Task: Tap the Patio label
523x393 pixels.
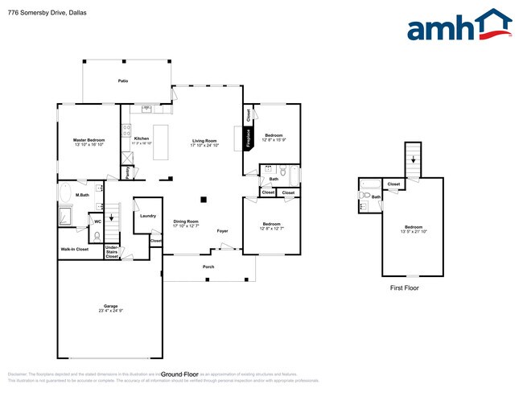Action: point(123,81)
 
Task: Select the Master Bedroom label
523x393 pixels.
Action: point(89,139)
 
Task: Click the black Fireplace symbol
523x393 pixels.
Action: point(248,136)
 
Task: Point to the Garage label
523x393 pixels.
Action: point(110,307)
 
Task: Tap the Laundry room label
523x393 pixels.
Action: point(147,216)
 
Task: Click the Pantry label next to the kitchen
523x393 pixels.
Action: point(128,170)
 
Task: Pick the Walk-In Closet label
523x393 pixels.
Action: point(75,250)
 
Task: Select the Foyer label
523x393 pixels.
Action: point(223,231)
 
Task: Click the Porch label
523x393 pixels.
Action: point(208,266)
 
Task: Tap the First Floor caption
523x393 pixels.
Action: point(404,288)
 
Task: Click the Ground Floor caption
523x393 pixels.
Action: point(179,374)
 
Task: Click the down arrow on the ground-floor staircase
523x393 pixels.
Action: point(111,217)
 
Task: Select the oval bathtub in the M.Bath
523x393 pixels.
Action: point(64,194)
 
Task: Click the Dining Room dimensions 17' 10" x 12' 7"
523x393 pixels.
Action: point(187,226)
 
